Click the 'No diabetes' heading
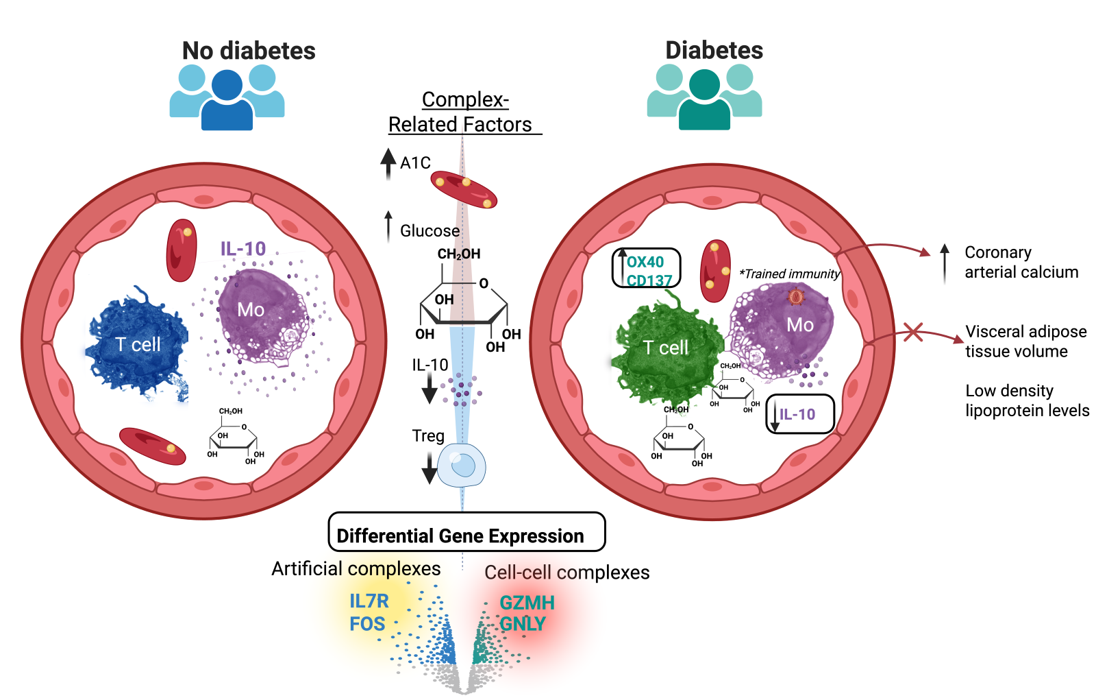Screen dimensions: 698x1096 pyautogui.click(x=249, y=51)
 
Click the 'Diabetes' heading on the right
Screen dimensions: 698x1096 pyautogui.click(x=714, y=50)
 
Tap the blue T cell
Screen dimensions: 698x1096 pyautogui.click(x=138, y=344)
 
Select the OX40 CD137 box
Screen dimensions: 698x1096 pyautogui.click(x=646, y=268)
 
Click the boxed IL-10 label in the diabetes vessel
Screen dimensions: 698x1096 pyautogui.click(x=799, y=414)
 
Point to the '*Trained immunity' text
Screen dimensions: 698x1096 pyautogui.click(x=789, y=274)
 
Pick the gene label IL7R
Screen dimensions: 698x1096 pyautogui.click(x=369, y=601)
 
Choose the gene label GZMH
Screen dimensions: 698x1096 pyautogui.click(x=527, y=603)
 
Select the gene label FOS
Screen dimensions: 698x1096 pyautogui.click(x=367, y=624)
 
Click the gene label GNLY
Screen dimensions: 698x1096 pyautogui.click(x=523, y=624)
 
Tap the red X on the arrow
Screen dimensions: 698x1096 pyautogui.click(x=912, y=333)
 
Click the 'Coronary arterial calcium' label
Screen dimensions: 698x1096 pyautogui.click(x=1021, y=263)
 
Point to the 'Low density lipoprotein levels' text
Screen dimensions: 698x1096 pyautogui.click(x=1027, y=400)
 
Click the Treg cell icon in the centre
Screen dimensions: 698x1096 pyautogui.click(x=461, y=466)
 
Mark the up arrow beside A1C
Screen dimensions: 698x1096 pyautogui.click(x=388, y=163)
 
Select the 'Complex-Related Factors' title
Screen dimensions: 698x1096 pyautogui.click(x=464, y=112)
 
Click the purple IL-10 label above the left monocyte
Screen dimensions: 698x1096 pyautogui.click(x=243, y=249)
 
